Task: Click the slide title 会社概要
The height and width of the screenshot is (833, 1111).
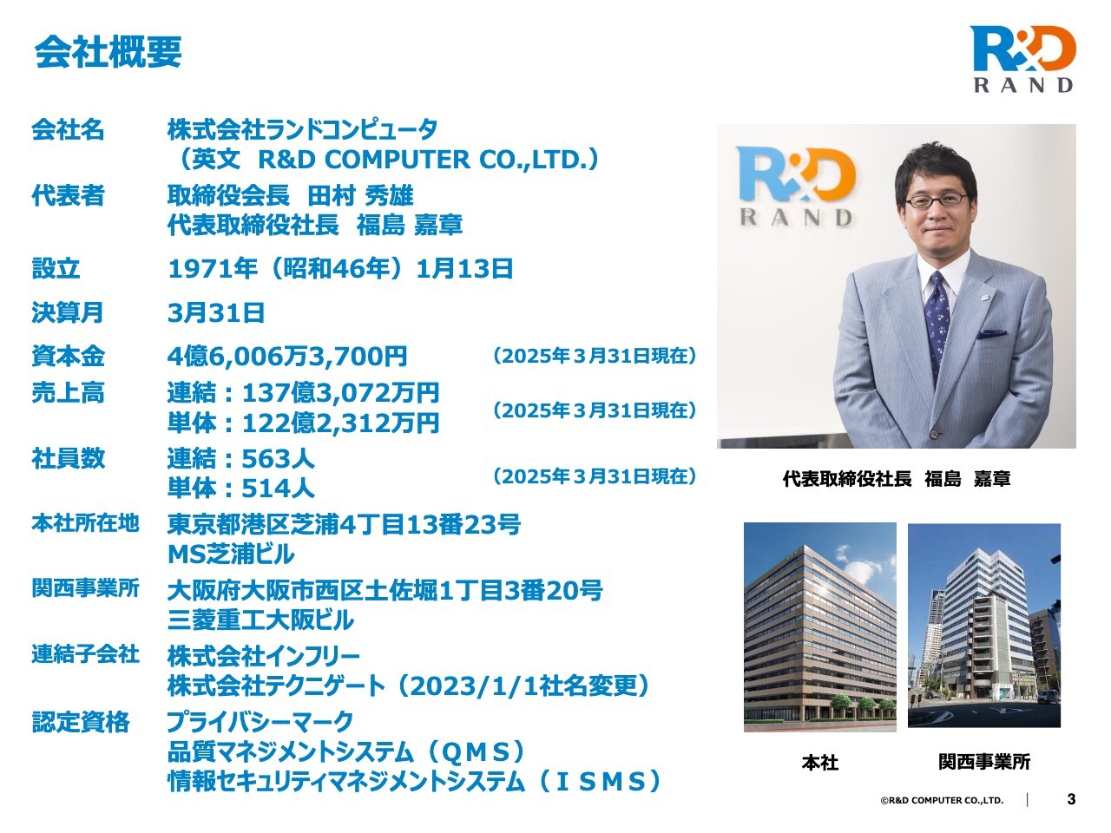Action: (108, 52)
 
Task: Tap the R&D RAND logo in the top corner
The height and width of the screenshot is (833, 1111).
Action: (1022, 59)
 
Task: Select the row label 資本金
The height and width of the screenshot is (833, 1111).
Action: (68, 356)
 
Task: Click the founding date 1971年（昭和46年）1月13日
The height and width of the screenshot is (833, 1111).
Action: (340, 269)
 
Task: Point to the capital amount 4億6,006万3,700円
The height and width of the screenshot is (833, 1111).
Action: (287, 356)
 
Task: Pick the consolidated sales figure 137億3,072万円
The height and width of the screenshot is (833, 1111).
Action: (340, 393)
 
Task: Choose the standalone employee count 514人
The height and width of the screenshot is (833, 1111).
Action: (279, 488)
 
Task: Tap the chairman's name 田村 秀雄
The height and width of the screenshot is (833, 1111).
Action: (360, 196)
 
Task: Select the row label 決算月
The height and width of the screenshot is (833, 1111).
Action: (68, 312)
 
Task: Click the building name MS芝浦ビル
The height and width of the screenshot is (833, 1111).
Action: (231, 554)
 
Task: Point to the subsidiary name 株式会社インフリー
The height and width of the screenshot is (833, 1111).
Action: (264, 656)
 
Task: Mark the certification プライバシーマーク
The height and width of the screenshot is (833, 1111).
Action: (260, 722)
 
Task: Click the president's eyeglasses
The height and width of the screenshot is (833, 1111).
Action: (936, 200)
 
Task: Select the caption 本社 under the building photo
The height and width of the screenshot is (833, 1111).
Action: (820, 762)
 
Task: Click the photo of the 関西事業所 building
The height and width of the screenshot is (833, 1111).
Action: (984, 626)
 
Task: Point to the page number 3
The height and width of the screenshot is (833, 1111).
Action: (1071, 799)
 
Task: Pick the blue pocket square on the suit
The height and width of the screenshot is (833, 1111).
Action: (991, 334)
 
